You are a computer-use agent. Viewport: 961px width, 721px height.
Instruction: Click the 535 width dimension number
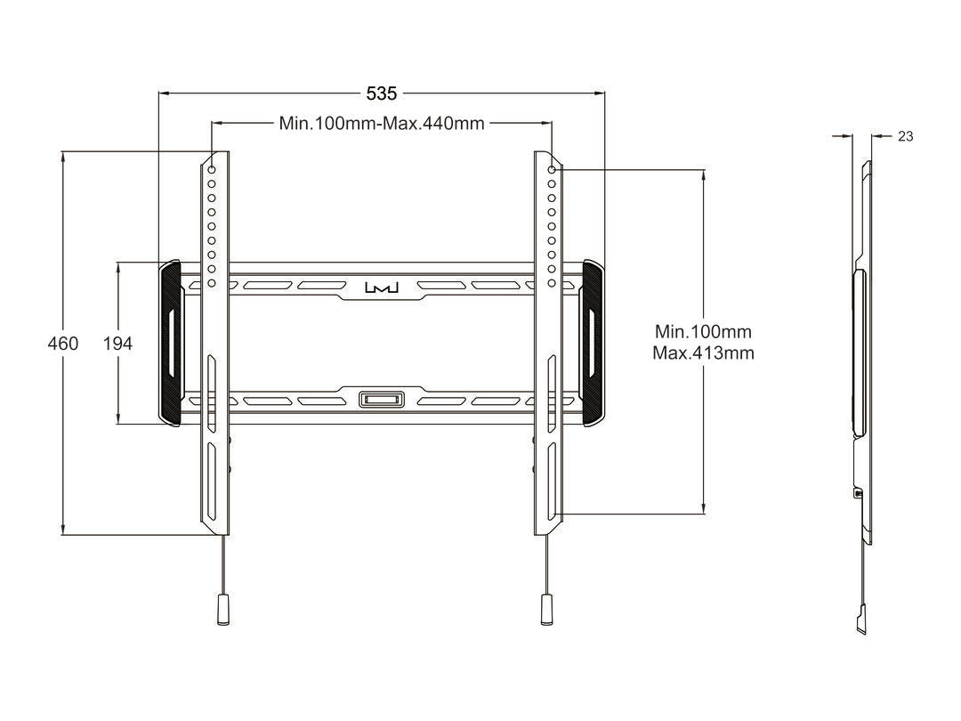pos(382,93)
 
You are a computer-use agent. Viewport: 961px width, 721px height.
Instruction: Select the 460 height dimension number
pos(62,344)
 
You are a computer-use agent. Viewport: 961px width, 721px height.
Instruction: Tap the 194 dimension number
pos(117,344)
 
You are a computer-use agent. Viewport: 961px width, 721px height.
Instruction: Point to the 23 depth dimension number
pos(905,136)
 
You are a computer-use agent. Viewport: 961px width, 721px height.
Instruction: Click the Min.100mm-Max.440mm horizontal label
pos(382,124)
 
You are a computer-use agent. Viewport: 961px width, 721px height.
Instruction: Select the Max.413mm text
pos(703,353)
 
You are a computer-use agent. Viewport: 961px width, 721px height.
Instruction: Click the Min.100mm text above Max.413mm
pos(703,332)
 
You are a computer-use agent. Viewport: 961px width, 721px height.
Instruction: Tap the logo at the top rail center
pos(383,288)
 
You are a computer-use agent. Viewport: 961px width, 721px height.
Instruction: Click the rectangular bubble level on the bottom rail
pos(382,399)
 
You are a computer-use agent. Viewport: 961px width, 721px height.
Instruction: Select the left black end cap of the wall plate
pos(169,342)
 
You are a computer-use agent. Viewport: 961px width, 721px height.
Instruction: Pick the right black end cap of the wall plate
pos(593,342)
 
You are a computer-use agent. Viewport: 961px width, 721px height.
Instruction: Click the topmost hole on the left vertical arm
pos(212,169)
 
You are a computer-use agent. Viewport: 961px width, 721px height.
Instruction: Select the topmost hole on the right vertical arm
pos(552,169)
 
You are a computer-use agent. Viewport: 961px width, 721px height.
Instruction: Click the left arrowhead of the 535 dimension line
pos(162,93)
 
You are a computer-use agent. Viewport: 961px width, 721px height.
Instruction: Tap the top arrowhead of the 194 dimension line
pos(118,265)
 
